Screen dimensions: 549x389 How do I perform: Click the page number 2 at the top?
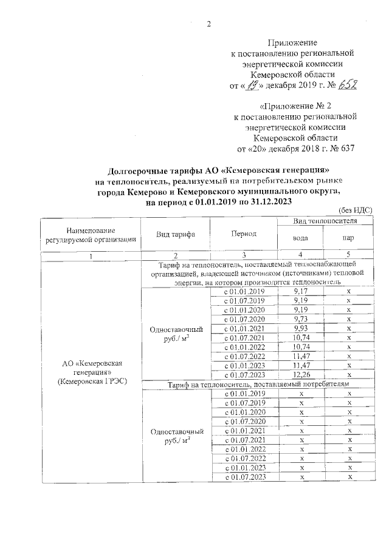coord(209,24)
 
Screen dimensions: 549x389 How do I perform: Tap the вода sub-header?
coord(300,238)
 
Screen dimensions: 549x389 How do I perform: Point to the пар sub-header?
coord(348,238)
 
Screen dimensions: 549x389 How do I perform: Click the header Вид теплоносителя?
coord(324,222)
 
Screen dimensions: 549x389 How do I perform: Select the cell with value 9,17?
coord(300,292)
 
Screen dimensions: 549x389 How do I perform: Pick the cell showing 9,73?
coord(300,319)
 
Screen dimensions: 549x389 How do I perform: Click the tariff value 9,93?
coord(300,328)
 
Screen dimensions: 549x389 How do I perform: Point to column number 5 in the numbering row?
coord(348,255)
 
